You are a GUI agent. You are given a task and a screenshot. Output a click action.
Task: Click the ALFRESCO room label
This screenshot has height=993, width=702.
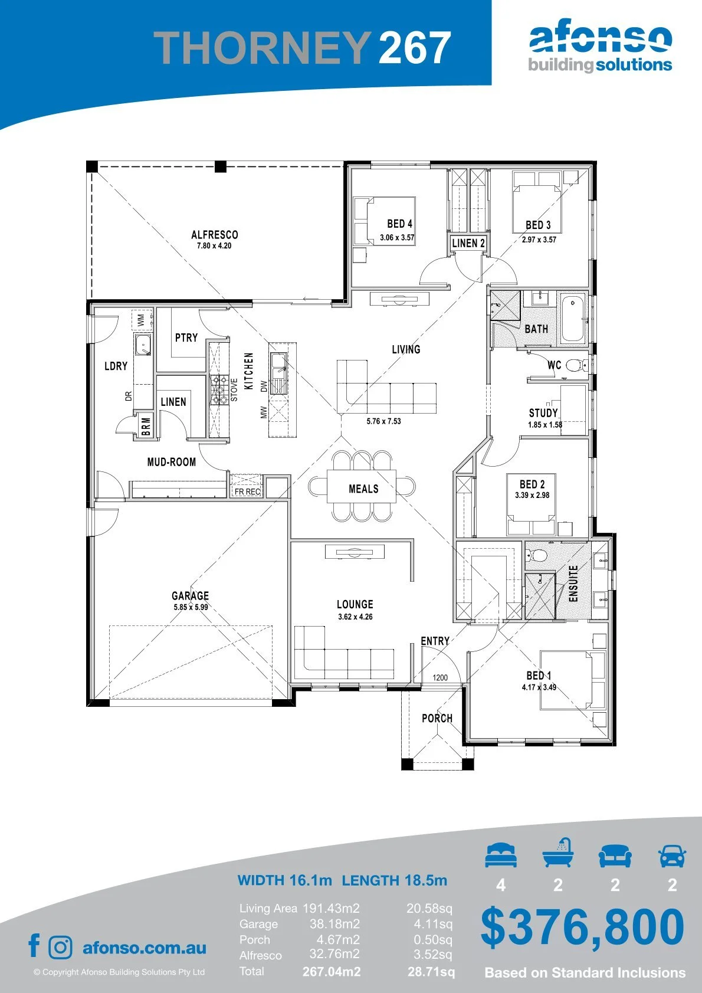pos(215,234)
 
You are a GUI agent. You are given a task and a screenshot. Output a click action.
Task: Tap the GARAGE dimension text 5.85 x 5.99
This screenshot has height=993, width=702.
pos(191,607)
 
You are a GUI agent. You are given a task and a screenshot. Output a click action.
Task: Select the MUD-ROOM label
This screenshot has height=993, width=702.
pos(172,462)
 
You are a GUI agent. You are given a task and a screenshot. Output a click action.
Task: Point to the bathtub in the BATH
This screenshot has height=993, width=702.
pos(572,319)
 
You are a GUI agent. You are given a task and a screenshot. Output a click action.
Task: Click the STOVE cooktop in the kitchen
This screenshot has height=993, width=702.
pos(218,390)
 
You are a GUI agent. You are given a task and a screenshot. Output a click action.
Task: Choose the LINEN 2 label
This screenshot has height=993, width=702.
pos(468,243)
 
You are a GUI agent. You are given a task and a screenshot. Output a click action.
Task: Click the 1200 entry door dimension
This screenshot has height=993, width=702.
pos(440,677)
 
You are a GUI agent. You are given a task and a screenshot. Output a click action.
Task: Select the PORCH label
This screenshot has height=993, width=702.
pos(437,718)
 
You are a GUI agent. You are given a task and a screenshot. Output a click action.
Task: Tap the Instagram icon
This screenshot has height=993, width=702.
pos(60,948)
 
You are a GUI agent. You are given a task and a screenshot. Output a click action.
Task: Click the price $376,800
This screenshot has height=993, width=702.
pos(582,926)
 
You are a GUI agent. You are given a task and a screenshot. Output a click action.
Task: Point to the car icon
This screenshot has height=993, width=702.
pos(673,856)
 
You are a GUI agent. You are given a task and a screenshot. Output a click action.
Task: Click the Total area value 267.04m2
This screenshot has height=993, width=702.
pos(332,972)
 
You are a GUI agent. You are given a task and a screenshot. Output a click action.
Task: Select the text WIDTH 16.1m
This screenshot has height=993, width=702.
pos(284,880)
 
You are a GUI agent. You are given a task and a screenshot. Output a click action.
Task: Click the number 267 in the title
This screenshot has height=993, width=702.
pos(414,47)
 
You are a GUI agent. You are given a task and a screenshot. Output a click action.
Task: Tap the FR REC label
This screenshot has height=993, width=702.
pos(247,491)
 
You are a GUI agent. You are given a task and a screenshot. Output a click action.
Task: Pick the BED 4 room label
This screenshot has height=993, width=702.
pos(399,224)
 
